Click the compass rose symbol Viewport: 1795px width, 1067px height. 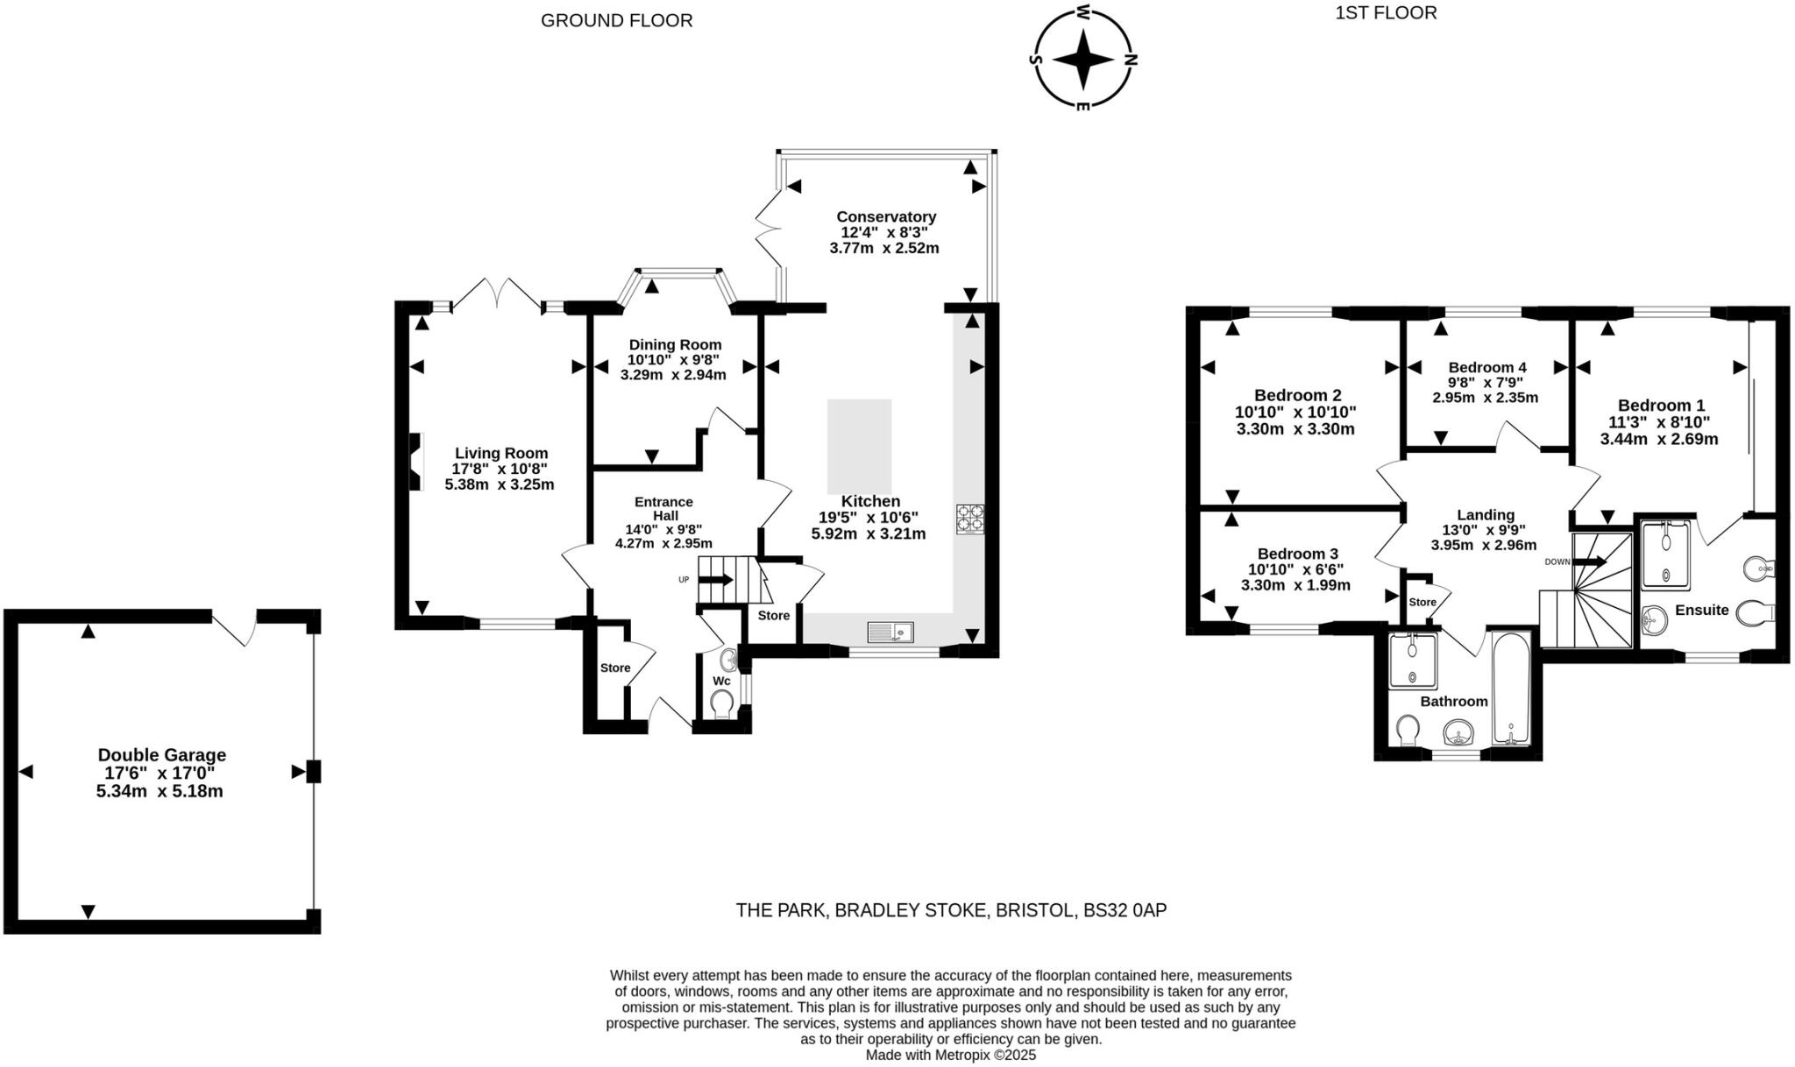[1083, 59]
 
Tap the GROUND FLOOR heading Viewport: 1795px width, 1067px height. [616, 20]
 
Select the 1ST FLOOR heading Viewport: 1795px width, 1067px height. [1386, 12]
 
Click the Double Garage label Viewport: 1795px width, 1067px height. [161, 754]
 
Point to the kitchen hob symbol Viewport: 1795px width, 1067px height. [969, 518]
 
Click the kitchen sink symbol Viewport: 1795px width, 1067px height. [890, 631]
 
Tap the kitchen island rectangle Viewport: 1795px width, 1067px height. [859, 447]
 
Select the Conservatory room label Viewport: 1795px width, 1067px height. [885, 216]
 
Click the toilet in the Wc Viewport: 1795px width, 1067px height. [722, 703]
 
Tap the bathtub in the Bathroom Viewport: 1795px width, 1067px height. [1511, 689]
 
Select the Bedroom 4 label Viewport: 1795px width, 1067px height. [1486, 367]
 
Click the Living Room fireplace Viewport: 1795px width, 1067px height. [417, 461]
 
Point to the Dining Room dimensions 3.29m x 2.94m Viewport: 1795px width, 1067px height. [672, 375]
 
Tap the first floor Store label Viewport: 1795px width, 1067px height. [1423, 602]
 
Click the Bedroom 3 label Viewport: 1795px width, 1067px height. [1297, 554]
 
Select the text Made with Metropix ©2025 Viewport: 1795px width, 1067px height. [950, 1056]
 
